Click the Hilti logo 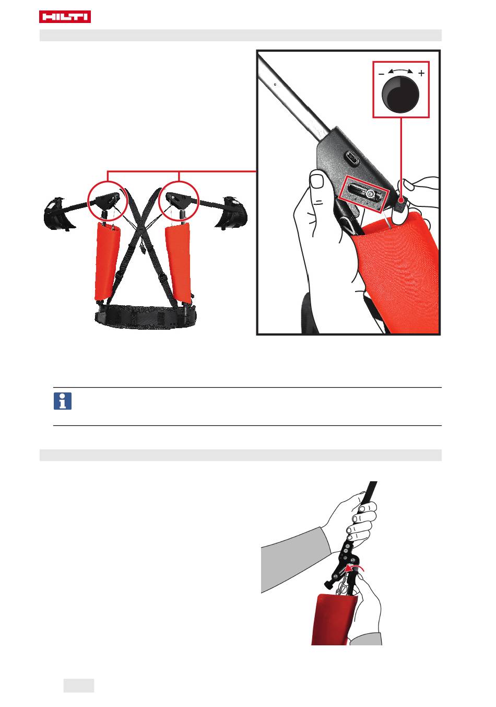(65, 17)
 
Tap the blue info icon (63, 401)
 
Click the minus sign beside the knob (381, 74)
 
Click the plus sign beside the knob (421, 74)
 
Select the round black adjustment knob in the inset (400, 94)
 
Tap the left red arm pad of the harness (107, 261)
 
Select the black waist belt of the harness (146, 316)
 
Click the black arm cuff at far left (58, 214)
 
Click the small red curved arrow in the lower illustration (355, 568)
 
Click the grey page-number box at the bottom (79, 685)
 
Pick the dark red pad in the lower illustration (334, 619)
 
